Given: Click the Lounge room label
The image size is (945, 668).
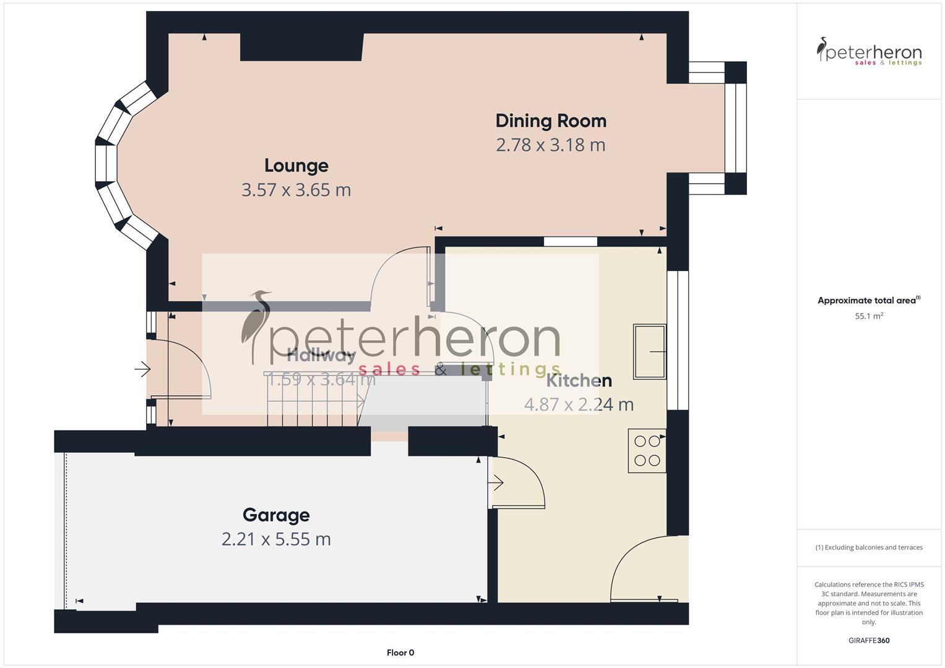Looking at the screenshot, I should (x=296, y=166).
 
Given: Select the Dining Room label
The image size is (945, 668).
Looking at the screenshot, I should (x=551, y=121).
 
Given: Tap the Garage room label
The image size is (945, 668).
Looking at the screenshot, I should (x=276, y=515).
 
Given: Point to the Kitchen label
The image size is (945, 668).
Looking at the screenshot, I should (x=579, y=380).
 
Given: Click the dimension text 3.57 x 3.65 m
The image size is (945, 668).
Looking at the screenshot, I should (x=296, y=190).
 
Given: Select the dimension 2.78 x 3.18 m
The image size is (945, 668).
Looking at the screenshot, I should (x=551, y=145).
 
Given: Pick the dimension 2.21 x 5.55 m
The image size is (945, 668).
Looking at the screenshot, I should (x=276, y=539).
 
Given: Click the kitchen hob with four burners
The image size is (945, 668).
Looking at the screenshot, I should (x=647, y=451).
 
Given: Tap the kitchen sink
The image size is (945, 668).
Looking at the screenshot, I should (x=649, y=351).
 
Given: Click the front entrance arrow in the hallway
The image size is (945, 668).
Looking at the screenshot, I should (x=142, y=370).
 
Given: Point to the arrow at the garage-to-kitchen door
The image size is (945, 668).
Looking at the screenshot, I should (x=496, y=482).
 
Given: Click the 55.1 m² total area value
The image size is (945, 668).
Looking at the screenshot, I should (x=869, y=316).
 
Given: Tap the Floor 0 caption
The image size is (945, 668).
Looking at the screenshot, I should (x=400, y=653).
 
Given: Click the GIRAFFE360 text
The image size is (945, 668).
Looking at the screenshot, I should (x=869, y=641).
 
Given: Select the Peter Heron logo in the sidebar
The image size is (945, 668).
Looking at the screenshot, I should (x=869, y=52).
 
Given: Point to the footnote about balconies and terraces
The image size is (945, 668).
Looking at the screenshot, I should (x=869, y=547).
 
